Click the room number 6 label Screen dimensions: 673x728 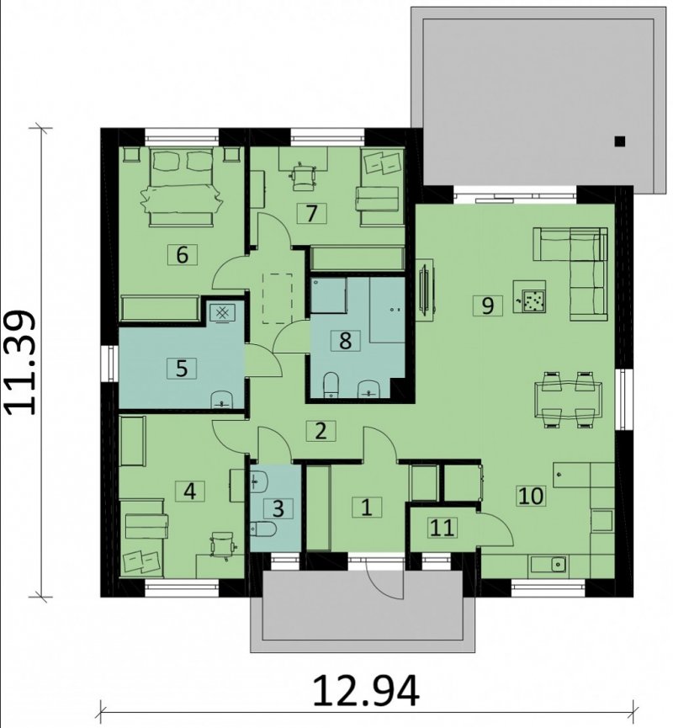click(x=182, y=254)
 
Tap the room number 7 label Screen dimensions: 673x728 click(x=311, y=213)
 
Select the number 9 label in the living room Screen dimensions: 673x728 click(x=487, y=306)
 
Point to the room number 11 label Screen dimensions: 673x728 click(x=442, y=528)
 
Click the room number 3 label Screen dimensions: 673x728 click(x=278, y=508)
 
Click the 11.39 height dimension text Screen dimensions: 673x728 click(x=20, y=362)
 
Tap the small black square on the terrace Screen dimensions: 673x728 click(x=620, y=141)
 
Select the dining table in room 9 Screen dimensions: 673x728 click(x=569, y=399)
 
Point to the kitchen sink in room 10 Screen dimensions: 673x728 click(x=558, y=565)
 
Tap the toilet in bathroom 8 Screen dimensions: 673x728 click(x=331, y=385)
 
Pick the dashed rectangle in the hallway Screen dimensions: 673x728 click(x=278, y=298)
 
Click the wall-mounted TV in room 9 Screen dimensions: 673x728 click(x=424, y=289)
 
